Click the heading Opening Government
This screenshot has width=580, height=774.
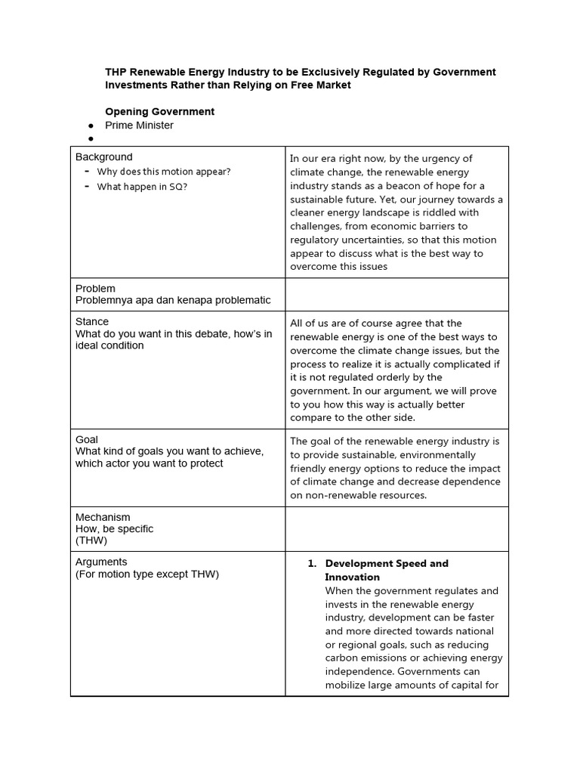159,111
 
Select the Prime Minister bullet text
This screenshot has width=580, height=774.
139,125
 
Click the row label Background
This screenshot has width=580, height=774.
103,157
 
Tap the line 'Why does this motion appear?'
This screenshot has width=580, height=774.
164,172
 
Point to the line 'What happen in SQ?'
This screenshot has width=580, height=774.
142,187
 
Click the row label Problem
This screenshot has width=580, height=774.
95,288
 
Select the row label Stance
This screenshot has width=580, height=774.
92,321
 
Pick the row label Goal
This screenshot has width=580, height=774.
87,439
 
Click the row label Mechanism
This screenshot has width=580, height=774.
103,517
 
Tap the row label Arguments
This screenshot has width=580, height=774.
101,562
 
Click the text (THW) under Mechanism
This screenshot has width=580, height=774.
91,540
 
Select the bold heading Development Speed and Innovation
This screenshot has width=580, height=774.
386,570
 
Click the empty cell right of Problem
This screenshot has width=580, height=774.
396,294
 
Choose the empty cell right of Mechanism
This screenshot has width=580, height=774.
396,528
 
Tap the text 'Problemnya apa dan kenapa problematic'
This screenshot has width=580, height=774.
173,300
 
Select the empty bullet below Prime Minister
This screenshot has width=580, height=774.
91,139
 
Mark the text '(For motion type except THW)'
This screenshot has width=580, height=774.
147,574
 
